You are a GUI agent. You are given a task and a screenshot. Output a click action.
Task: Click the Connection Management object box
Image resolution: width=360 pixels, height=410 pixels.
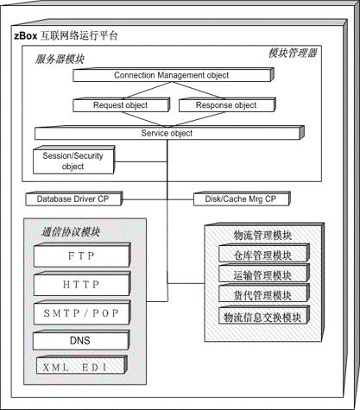pyautogui.click(x=174, y=75)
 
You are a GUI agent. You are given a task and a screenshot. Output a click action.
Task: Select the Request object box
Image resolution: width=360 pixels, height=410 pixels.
pyautogui.click(x=121, y=105)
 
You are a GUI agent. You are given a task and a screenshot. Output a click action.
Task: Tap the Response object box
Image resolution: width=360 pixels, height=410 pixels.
pyautogui.click(x=227, y=105)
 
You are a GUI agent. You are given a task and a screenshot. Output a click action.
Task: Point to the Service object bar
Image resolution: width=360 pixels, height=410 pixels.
pyautogui.click(x=169, y=133)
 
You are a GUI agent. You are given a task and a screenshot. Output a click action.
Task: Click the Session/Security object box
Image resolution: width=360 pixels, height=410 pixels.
pyautogui.click(x=73, y=160)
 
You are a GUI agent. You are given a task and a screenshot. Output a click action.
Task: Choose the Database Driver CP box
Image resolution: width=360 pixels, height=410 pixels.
pyautogui.click(x=73, y=199)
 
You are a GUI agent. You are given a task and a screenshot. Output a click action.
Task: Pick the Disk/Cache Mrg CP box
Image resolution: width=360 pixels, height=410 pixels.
pyautogui.click(x=242, y=199)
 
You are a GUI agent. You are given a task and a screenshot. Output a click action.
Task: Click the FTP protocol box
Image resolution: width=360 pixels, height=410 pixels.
pyautogui.click(x=82, y=255)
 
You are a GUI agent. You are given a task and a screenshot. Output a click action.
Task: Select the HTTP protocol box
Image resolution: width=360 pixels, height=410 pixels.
pyautogui.click(x=82, y=284)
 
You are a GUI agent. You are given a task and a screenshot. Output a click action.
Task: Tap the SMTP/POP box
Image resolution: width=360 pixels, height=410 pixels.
pyautogui.click(x=82, y=312)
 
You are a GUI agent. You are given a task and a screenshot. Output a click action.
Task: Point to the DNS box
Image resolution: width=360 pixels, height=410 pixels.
pyautogui.click(x=81, y=340)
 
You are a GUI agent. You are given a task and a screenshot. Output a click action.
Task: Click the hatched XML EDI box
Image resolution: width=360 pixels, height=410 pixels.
pyautogui.click(x=82, y=365)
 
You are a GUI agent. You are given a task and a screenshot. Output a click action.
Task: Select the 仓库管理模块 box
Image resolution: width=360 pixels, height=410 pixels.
pyautogui.click(x=264, y=253)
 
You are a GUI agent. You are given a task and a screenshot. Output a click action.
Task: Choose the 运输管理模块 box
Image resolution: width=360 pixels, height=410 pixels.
pyautogui.click(x=264, y=274)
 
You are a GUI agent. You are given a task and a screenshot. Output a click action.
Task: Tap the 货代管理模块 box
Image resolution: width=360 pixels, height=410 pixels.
pyautogui.click(x=264, y=293)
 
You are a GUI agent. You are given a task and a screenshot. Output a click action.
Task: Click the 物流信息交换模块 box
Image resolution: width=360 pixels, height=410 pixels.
pyautogui.click(x=264, y=315)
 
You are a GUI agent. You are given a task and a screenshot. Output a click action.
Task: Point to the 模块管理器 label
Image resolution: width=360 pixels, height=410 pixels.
pyautogui.click(x=293, y=54)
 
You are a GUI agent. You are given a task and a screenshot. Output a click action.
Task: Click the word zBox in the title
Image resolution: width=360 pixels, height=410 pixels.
pyautogui.click(x=26, y=36)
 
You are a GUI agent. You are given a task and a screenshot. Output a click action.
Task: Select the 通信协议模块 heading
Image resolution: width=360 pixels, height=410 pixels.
pyautogui.click(x=71, y=232)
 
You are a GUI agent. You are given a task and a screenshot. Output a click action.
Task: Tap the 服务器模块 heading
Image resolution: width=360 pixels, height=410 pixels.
pyautogui.click(x=60, y=60)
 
